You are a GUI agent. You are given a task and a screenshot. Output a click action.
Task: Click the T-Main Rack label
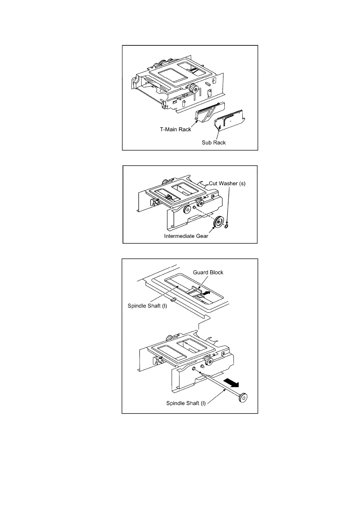pyautogui.click(x=175, y=129)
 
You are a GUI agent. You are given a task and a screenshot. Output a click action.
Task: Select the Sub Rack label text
pyautogui.click(x=214, y=143)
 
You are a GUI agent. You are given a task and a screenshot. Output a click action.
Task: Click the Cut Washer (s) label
pyautogui.click(x=227, y=183)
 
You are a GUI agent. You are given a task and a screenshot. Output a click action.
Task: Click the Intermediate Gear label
pyautogui.click(x=186, y=236)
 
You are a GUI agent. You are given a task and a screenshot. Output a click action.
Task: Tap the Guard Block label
pyautogui.click(x=208, y=272)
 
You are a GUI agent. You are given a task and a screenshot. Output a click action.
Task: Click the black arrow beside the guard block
pyautogui.click(x=206, y=293)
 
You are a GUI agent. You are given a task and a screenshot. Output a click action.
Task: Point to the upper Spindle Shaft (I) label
pyautogui.click(x=147, y=306)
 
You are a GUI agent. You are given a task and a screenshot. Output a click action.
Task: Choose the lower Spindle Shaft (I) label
pyautogui.click(x=186, y=403)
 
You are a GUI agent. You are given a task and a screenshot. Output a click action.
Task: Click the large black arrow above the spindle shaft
pyautogui.click(x=232, y=383)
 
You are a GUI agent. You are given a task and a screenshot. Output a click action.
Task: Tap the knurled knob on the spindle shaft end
pyautogui.click(x=243, y=397)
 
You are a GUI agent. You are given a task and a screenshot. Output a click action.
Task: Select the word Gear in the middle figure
pyautogui.click(x=202, y=236)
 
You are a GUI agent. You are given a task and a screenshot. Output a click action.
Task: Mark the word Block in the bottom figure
pyautogui.click(x=216, y=272)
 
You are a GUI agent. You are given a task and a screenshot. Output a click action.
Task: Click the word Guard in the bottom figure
pyautogui.click(x=200, y=272)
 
